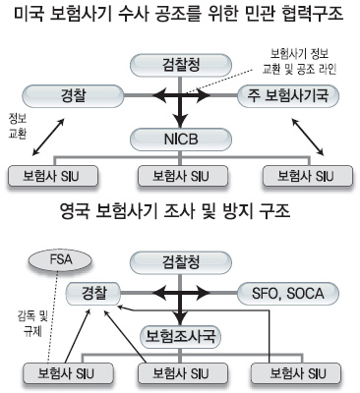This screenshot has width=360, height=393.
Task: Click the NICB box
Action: point(181,140)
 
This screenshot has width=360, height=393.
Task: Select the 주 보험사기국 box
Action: point(288,96)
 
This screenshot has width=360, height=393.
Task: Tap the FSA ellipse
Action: point(61,260)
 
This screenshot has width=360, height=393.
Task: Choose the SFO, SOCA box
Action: point(288,293)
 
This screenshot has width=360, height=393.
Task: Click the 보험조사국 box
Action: point(181,337)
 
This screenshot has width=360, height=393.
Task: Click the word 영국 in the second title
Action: point(75,212)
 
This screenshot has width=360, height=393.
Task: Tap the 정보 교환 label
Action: point(18,127)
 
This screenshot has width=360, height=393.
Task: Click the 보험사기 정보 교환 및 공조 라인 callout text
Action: point(299,62)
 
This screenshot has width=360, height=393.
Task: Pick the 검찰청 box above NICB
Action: point(181,65)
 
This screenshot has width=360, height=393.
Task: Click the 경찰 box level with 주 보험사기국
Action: point(73,96)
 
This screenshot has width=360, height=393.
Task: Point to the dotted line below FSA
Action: point(52,317)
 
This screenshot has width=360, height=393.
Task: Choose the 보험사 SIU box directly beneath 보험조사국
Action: point(183,373)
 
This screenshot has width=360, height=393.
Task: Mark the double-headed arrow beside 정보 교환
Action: point(48,137)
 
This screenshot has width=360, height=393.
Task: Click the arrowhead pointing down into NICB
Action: point(181,121)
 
